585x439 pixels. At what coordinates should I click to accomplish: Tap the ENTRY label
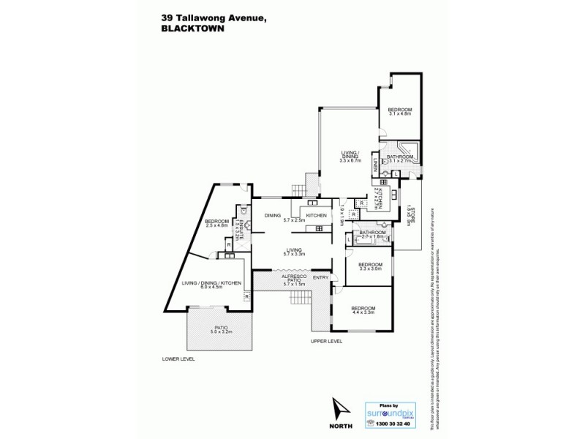tap(320, 277)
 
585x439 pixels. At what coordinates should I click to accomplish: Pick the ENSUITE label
tap(238, 225)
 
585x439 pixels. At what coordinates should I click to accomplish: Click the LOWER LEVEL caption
tap(179, 360)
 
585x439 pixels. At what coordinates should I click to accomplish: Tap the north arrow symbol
tap(338, 408)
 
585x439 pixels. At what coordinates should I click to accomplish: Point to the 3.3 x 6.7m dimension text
tap(350, 159)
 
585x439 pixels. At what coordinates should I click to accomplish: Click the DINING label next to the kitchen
tap(273, 215)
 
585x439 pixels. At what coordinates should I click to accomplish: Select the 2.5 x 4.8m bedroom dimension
tap(218, 226)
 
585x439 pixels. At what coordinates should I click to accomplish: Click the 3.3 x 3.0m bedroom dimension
tap(370, 269)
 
